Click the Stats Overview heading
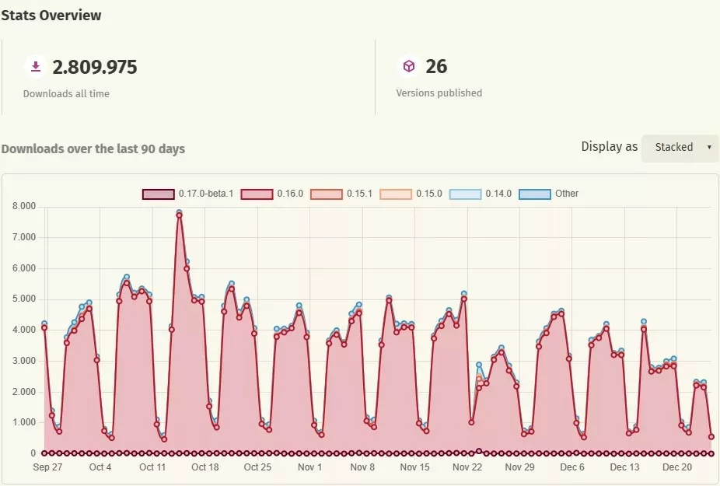coord(51,15)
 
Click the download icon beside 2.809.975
coord(35,67)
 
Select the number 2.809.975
coord(95,68)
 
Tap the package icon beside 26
coord(408,67)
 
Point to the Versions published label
coord(439,93)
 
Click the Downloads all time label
coord(66,94)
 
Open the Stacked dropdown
coord(680,147)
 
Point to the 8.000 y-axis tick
coord(25,207)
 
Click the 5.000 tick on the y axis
coord(25,299)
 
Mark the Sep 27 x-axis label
coord(48,467)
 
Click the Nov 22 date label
coord(467,467)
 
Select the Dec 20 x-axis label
coord(676,467)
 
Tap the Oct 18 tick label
coord(204,467)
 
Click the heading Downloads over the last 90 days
coord(93,149)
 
